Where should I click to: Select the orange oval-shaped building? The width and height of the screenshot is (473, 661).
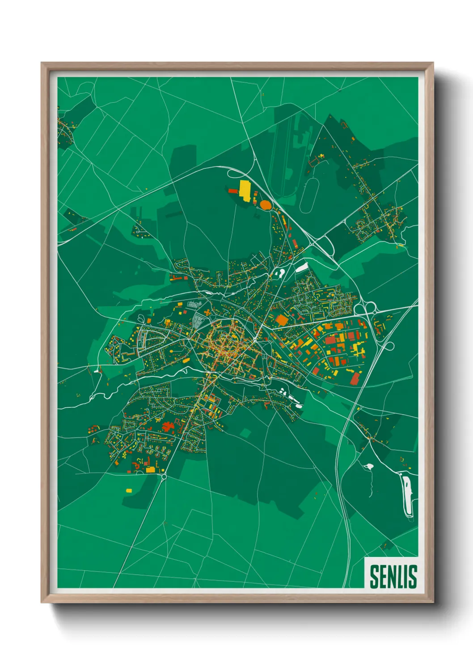(265, 205)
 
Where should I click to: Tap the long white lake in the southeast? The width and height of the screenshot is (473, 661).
(407, 496)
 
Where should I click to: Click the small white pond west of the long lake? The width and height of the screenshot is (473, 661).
(369, 467)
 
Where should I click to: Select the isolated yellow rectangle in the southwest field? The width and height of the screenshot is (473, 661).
(129, 490)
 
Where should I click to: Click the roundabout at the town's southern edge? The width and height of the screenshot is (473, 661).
(164, 477)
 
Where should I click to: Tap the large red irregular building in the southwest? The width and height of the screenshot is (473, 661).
(169, 427)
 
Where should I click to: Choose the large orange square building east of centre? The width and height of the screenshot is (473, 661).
(281, 320)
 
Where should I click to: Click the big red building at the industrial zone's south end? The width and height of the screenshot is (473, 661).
(355, 378)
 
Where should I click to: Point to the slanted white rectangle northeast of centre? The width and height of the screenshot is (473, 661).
(302, 267)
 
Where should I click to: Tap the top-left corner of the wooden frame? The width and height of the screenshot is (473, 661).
(42, 63)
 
